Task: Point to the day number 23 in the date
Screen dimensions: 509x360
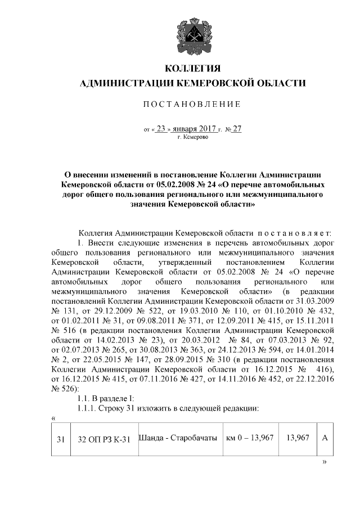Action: (161, 128)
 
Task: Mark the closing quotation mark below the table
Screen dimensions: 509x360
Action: (323, 461)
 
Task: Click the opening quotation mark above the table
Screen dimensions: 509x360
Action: (52, 418)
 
